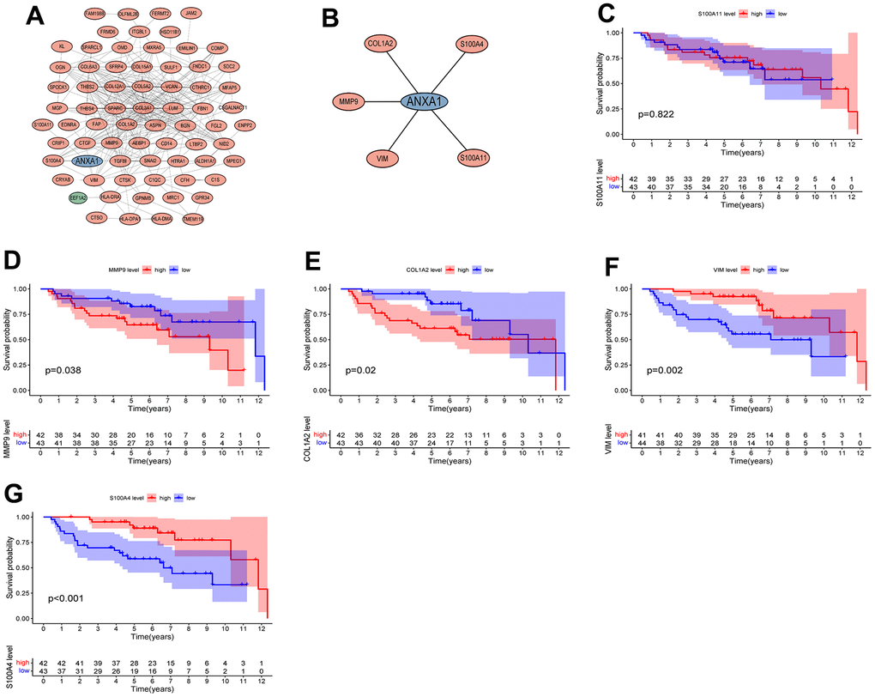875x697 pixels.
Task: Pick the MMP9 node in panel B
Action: [352, 102]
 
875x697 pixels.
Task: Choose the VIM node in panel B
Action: [379, 158]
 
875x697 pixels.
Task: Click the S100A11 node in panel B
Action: [474, 158]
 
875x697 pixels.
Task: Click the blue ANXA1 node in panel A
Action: [88, 161]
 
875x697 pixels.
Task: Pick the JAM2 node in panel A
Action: [192, 14]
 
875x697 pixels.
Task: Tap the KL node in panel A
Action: [60, 45]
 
